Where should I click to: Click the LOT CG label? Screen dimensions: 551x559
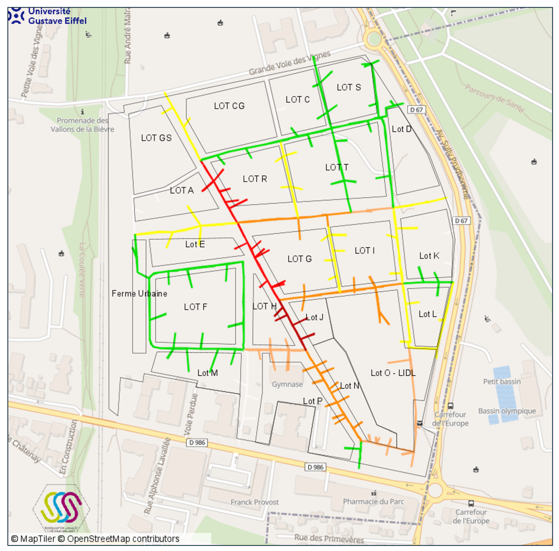(229, 106)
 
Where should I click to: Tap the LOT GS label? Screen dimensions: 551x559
(156, 138)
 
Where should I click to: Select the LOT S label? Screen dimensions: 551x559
(348, 87)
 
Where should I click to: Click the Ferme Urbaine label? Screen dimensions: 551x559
(139, 294)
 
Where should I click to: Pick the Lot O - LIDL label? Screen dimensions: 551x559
(393, 373)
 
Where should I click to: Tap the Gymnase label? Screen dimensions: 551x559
(287, 384)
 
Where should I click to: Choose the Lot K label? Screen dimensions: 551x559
(429, 256)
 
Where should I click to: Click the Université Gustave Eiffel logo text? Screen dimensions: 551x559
(57, 16)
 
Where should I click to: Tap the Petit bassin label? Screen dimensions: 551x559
(502, 382)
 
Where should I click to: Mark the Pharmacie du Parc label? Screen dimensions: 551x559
(373, 501)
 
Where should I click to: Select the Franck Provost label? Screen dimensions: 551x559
(254, 502)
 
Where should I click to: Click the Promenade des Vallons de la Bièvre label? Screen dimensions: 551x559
(82, 125)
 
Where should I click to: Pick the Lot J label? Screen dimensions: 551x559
(314, 317)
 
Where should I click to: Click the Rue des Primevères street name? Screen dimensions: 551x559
(329, 538)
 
